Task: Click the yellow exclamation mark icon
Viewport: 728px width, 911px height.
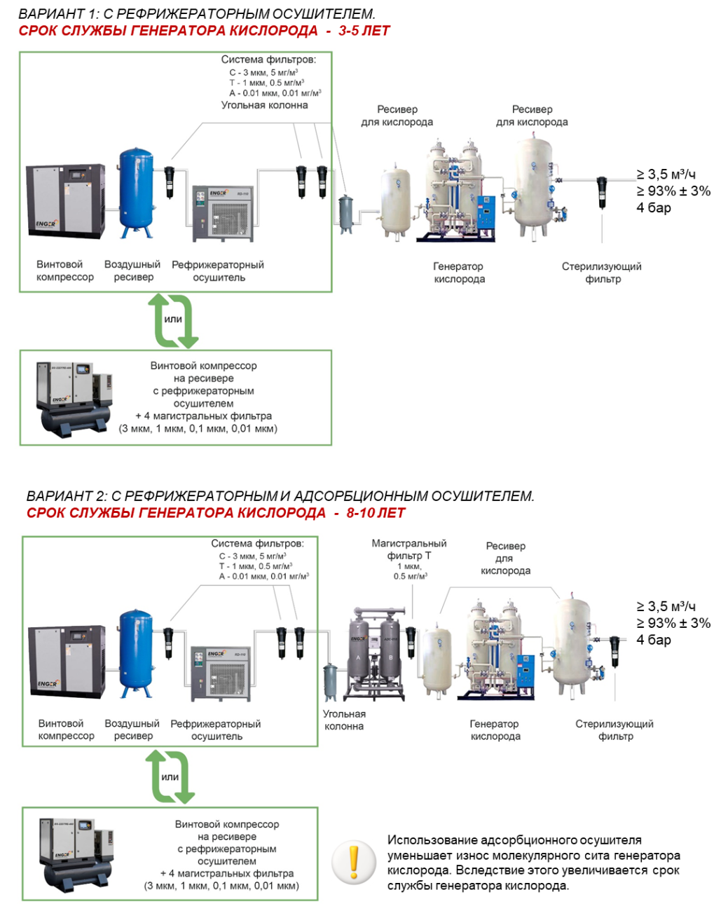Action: tap(354, 861)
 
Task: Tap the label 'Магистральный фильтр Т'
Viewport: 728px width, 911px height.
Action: tap(409, 549)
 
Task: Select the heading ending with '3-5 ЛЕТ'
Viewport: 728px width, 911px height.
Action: tap(204, 31)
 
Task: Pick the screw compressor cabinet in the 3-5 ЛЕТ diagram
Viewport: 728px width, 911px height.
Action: tap(65, 200)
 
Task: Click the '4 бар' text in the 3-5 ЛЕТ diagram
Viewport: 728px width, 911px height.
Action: tap(654, 207)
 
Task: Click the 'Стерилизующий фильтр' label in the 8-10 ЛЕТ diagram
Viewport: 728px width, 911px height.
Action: tap(614, 730)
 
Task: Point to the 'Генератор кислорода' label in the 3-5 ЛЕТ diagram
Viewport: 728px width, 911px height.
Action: tap(458, 273)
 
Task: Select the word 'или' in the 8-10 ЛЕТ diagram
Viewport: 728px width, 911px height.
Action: tap(170, 776)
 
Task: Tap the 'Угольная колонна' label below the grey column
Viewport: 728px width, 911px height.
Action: tap(344, 720)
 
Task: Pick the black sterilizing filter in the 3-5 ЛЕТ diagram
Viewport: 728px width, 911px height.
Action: tap(602, 191)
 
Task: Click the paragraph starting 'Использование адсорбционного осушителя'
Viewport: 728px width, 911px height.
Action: tap(533, 863)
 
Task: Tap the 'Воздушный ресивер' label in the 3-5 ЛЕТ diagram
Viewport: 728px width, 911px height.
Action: tap(132, 270)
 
